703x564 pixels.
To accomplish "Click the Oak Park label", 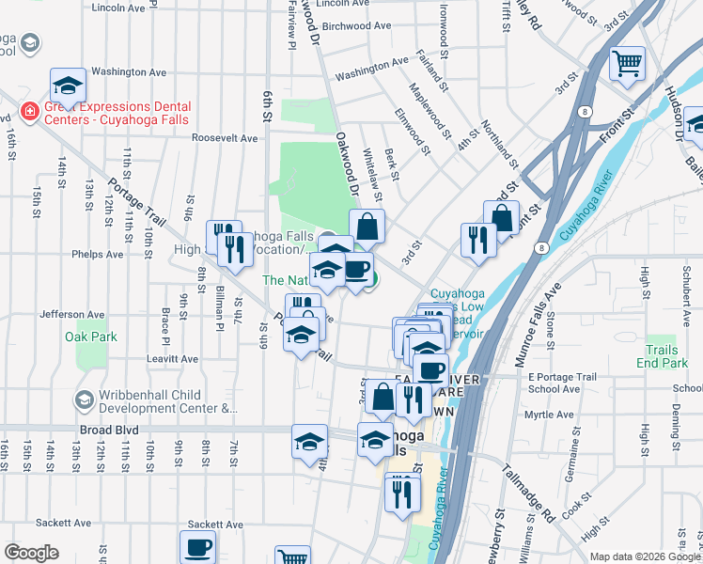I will pos(91,337).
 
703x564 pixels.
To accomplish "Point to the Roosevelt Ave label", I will pos(224,138).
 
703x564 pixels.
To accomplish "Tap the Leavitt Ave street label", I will pos(173,359).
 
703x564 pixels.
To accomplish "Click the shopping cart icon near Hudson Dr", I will pos(627,66).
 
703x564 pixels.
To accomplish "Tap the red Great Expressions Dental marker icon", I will pos(29,113).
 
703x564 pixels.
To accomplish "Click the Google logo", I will pos(31,553).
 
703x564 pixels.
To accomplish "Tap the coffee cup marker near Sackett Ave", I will pos(198,547).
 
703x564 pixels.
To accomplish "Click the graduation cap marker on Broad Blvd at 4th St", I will pos(309,443).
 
